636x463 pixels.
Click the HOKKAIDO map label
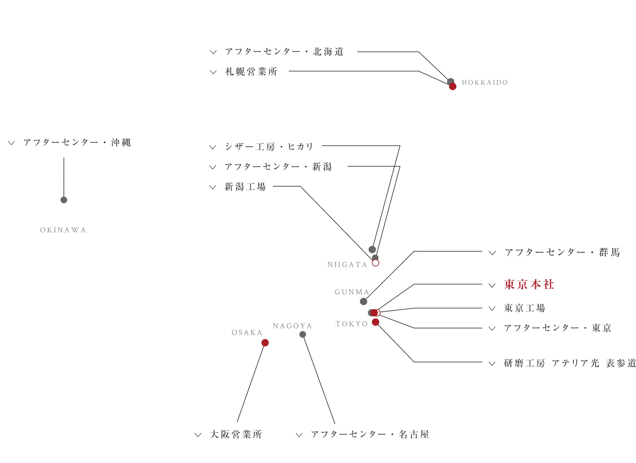coord(485,83)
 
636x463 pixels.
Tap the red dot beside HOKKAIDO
coord(452,87)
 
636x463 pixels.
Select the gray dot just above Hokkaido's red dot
coord(451,81)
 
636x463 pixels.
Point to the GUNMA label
coord(352,292)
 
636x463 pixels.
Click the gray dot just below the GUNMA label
coord(364,302)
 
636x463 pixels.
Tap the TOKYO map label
coord(352,324)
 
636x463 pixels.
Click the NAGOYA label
coord(292,326)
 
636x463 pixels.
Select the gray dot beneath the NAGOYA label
coord(302,334)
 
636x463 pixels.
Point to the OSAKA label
coord(247,333)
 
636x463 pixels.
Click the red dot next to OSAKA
coord(265,343)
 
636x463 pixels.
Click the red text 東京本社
coord(529,285)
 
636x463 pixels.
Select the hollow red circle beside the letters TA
coord(376,263)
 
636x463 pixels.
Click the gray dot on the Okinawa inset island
coord(64,200)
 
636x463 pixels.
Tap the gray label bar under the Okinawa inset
coord(64,230)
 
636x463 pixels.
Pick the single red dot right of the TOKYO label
coord(376,322)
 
